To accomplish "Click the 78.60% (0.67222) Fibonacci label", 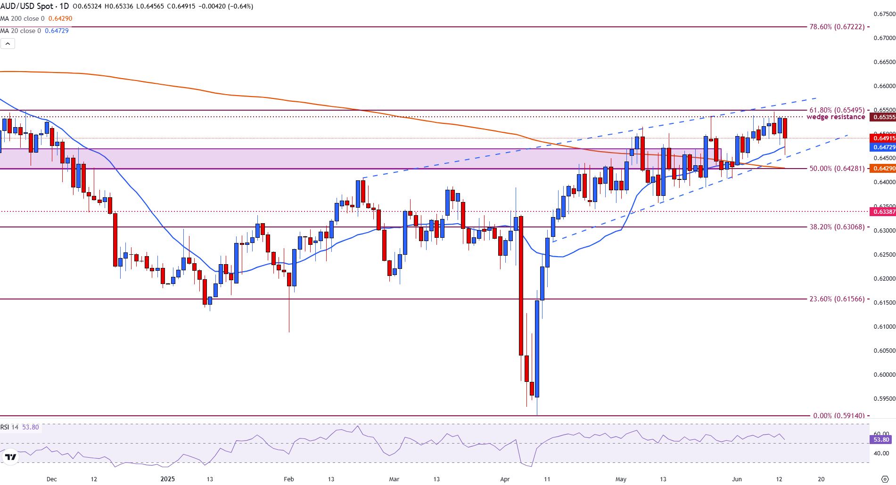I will [x=837, y=27].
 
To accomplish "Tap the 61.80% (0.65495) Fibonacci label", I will [x=837, y=110].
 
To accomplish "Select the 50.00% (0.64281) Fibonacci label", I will [x=837, y=169].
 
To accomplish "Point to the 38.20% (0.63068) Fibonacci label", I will [x=837, y=227].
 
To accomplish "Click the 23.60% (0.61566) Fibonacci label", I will [x=837, y=299].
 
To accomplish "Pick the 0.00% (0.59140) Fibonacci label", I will [x=839, y=416].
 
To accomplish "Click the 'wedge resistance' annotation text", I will [x=836, y=117].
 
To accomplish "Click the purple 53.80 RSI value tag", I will [x=881, y=440].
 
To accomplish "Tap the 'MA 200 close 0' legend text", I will [x=23, y=19].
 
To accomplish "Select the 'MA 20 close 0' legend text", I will [x=21, y=31].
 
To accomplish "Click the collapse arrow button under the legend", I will [x=8, y=44].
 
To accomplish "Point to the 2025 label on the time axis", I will [x=167, y=479].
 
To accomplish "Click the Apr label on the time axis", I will [x=505, y=479].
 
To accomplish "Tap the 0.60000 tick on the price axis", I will [x=884, y=375].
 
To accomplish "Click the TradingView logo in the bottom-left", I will [x=10, y=457].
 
